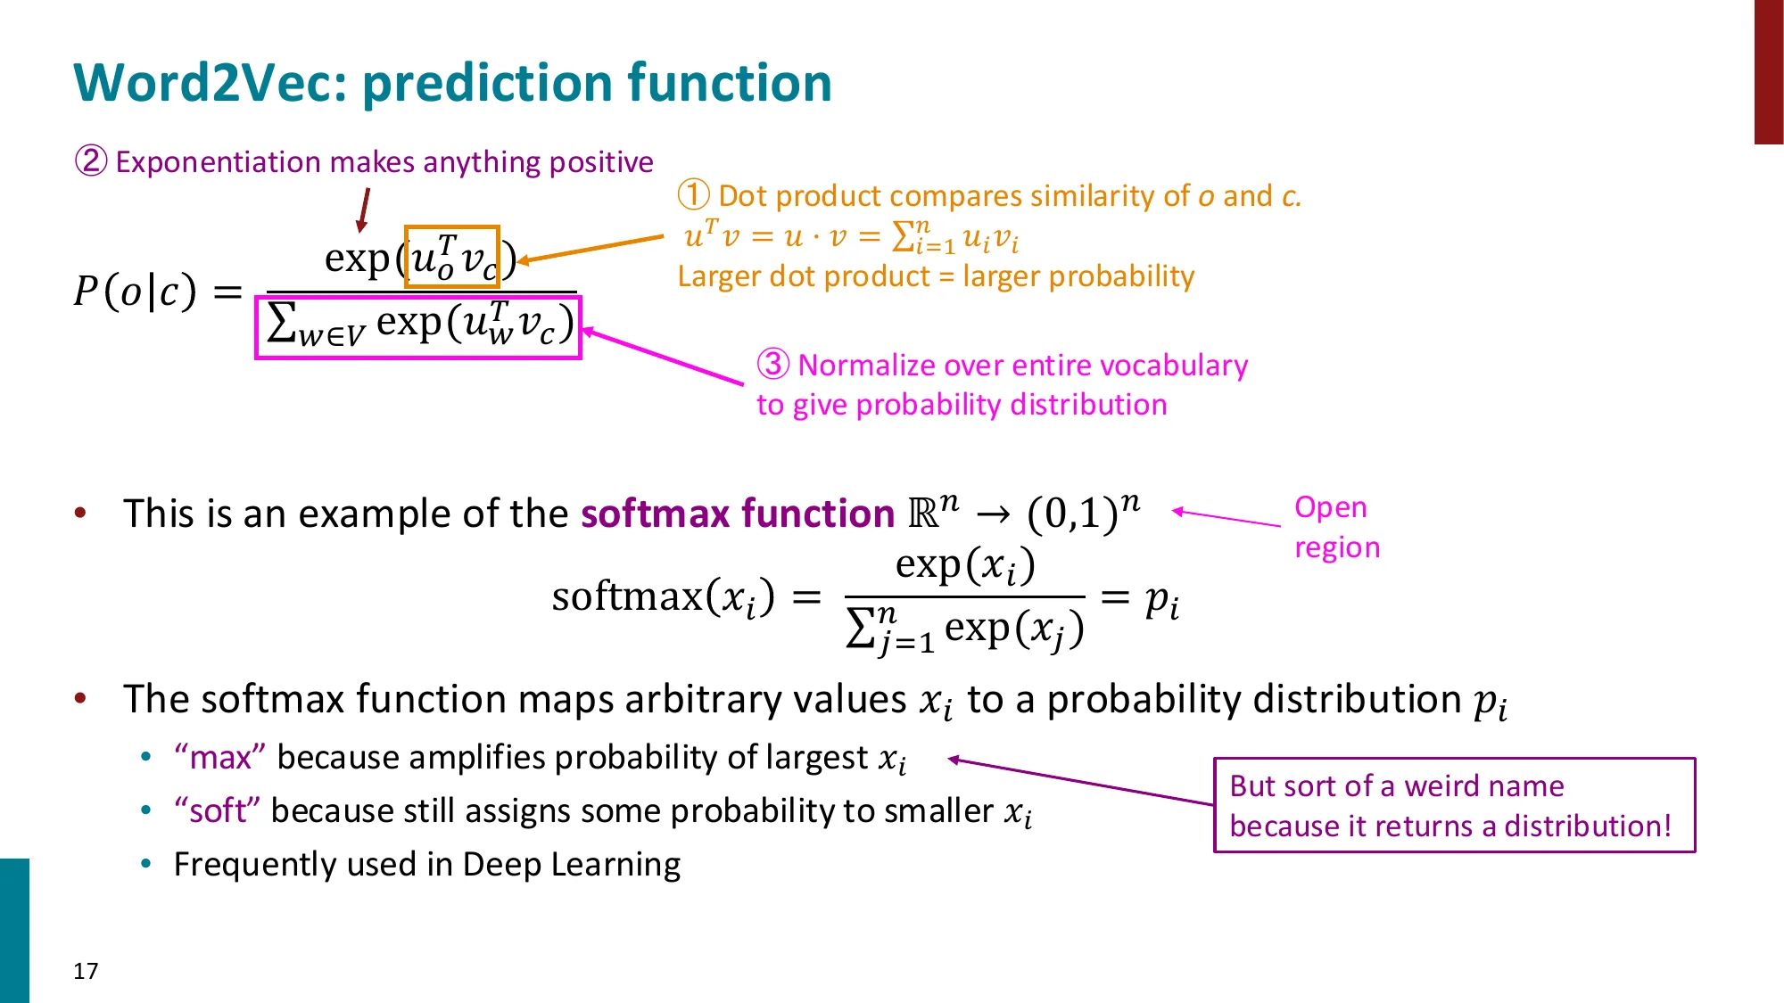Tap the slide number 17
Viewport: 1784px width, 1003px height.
tap(86, 971)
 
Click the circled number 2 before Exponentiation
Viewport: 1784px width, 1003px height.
tap(90, 161)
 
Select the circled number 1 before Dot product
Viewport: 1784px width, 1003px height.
tap(693, 195)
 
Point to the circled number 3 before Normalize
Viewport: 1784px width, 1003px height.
tap(773, 365)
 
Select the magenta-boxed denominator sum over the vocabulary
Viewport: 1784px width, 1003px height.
tap(418, 327)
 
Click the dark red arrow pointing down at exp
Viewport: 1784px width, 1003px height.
tap(363, 211)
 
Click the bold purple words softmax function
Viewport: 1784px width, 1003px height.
tap(737, 514)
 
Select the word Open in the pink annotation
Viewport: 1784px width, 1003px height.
tap(1330, 507)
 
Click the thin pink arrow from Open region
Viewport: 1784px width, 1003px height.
tap(1226, 518)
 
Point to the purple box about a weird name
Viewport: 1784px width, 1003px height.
tap(1454, 805)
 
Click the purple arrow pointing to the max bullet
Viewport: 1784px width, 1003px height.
tap(1080, 782)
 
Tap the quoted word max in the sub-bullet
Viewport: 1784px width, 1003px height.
tap(219, 758)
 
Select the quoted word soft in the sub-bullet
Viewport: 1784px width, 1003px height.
tap(217, 811)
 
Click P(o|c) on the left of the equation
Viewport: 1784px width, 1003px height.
tap(135, 291)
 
